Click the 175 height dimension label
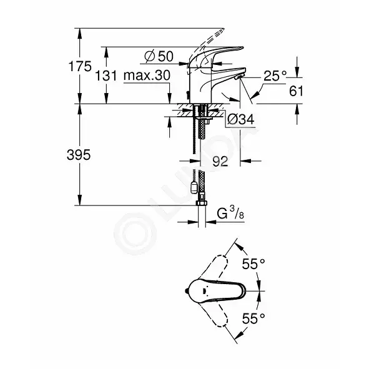(80, 66)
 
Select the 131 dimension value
(106, 76)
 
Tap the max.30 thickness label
(147, 76)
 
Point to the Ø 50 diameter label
(159, 56)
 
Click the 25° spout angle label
(275, 76)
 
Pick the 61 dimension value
(297, 91)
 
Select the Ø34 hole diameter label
(240, 119)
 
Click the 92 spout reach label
(220, 161)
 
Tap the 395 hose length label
(79, 155)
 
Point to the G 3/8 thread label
(230, 214)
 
